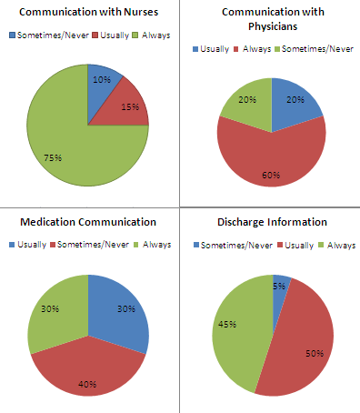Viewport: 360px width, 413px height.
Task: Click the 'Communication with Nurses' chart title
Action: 88,13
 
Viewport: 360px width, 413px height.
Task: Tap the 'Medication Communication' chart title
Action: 88,222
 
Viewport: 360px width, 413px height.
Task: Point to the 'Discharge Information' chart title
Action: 271,222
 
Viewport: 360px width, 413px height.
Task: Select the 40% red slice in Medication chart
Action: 88,373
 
